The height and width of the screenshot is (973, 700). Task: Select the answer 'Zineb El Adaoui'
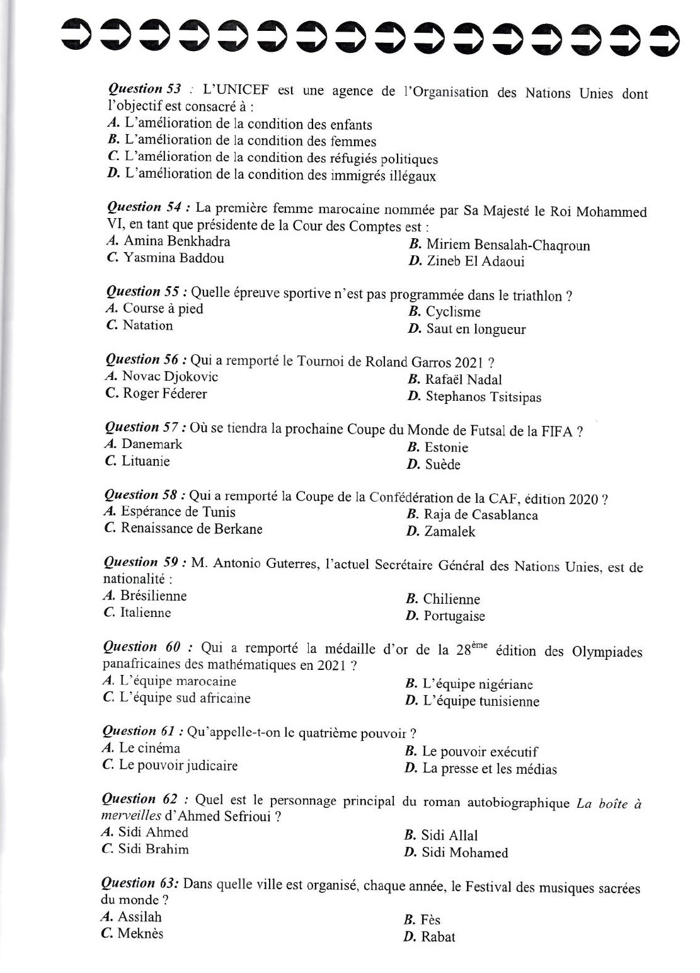coord(475,262)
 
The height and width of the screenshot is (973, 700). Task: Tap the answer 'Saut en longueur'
coord(476,329)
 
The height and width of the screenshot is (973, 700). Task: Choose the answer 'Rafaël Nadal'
coord(463,379)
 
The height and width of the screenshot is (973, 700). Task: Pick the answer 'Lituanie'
coord(146,461)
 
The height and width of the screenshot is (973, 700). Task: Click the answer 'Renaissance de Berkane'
coord(192,529)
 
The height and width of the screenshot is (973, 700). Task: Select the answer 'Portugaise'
coord(454,616)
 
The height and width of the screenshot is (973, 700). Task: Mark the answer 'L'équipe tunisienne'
coord(481,701)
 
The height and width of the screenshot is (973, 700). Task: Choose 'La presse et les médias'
coord(490,769)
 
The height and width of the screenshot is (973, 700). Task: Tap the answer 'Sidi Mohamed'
coord(464,853)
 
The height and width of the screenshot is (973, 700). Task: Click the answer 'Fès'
coord(430,920)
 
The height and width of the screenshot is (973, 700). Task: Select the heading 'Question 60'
coord(142,647)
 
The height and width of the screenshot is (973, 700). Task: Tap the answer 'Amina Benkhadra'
coord(177,241)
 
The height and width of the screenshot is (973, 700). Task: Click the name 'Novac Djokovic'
coord(170,377)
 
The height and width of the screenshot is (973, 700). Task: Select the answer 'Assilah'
coord(140,917)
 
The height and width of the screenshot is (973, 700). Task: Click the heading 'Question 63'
coord(139,883)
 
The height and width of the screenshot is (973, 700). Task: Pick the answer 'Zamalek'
coord(450,532)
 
